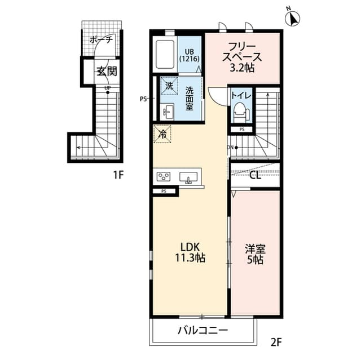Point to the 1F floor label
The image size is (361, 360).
tap(117, 175)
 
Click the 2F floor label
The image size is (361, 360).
tap(275, 341)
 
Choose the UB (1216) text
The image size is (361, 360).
tap(187, 55)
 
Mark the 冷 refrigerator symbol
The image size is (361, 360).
tap(161, 135)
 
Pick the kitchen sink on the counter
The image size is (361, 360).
tap(189, 178)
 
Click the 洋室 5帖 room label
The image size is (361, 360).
tap(255, 255)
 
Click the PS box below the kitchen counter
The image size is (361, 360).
tap(164, 192)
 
